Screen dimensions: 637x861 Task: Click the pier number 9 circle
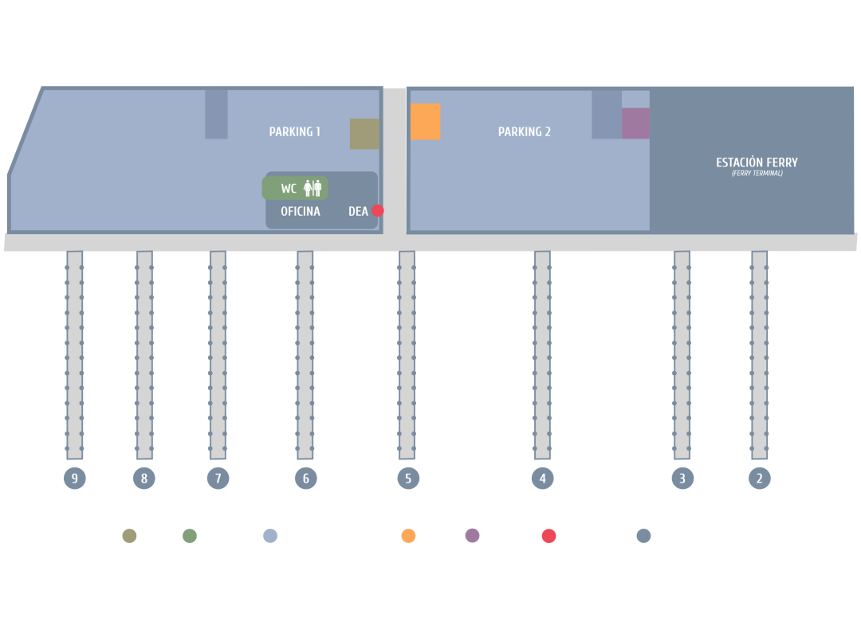point(74,479)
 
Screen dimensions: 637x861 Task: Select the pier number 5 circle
point(407,479)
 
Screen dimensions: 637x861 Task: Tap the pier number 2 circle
point(759,479)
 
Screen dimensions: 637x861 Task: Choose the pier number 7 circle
point(218,479)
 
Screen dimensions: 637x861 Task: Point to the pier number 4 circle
point(542,479)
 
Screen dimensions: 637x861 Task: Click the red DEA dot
point(378,211)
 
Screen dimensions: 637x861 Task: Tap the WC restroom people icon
point(313,189)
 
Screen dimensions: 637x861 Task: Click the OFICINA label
point(301,212)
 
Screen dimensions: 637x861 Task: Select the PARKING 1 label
point(294,132)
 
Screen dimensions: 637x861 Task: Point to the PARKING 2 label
point(524,132)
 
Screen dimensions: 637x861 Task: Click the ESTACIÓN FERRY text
point(757,162)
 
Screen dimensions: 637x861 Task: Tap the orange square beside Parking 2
point(426,122)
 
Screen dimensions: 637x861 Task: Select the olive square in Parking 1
point(364,134)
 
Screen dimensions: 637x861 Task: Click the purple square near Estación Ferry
point(635,123)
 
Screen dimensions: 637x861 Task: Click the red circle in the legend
point(548,536)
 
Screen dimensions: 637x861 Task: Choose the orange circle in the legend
point(409,536)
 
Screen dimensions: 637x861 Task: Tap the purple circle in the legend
point(473,536)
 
